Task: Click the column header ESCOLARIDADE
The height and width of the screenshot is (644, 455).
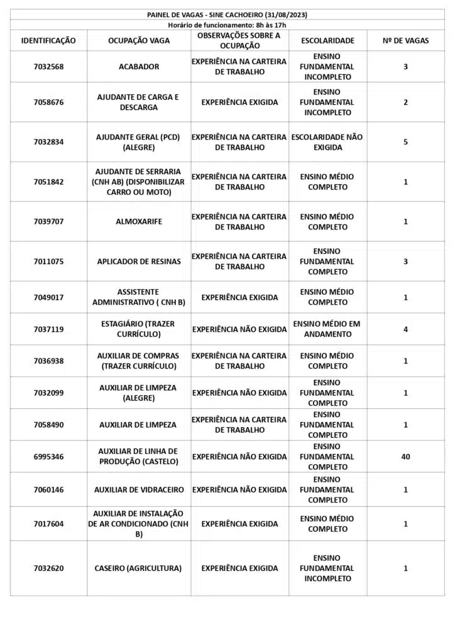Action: tap(327, 41)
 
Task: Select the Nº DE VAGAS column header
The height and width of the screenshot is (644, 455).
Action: tap(405, 41)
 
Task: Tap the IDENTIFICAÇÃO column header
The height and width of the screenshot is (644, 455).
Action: tap(48, 41)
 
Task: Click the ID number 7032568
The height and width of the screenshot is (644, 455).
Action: tap(48, 67)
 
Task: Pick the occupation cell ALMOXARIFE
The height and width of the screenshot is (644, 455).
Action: tap(139, 221)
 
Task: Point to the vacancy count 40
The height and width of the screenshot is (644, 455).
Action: tap(405, 457)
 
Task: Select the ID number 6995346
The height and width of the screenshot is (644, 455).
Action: tap(48, 457)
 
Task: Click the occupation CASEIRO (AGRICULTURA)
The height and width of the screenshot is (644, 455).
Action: tap(139, 569)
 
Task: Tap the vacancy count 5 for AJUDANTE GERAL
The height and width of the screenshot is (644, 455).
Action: tap(405, 142)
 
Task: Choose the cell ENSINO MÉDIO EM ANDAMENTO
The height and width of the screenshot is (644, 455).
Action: tap(327, 329)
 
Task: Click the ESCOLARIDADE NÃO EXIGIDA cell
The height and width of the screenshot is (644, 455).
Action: tap(327, 142)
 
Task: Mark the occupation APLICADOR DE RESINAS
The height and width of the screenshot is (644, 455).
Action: tap(139, 262)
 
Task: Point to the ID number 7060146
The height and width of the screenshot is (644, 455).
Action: tap(48, 490)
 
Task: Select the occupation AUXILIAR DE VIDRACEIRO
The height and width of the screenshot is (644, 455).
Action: tap(139, 490)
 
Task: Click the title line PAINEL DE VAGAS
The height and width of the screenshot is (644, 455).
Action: tap(227, 14)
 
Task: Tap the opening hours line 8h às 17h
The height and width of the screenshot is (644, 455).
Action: tap(227, 25)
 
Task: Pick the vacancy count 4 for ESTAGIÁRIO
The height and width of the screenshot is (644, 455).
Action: tap(405, 329)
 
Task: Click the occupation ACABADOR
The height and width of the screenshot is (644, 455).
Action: tap(139, 67)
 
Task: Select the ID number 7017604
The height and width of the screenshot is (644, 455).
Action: tap(48, 524)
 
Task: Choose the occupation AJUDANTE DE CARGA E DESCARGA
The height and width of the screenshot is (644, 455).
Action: tap(139, 102)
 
